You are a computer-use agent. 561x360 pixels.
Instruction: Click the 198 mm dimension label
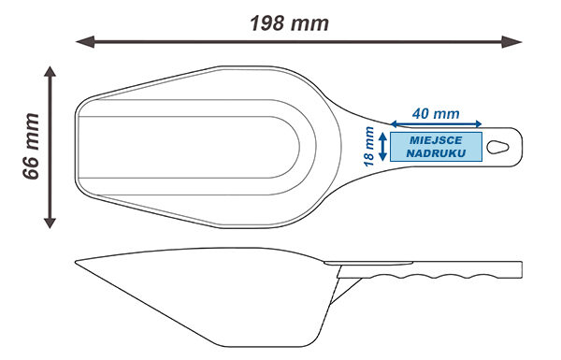(x=289, y=23)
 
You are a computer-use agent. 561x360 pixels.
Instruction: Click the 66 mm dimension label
(x=31, y=147)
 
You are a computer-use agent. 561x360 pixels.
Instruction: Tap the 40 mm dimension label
(x=436, y=114)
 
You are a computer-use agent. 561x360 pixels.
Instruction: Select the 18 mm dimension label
(x=369, y=147)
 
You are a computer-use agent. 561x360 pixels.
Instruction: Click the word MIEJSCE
(x=436, y=140)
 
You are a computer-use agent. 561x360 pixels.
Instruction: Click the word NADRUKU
(x=436, y=153)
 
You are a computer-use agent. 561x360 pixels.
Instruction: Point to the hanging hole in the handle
(x=498, y=147)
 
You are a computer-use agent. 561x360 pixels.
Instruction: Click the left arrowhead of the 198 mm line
(x=85, y=42)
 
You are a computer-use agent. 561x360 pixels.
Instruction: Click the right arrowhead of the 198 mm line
(x=511, y=42)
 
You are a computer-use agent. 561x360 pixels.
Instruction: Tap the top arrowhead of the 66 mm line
(x=50, y=71)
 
